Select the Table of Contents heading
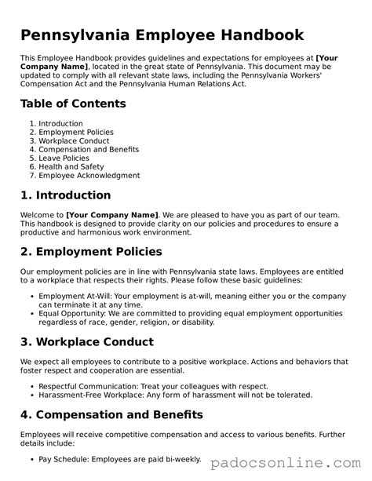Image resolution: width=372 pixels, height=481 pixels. click(x=73, y=104)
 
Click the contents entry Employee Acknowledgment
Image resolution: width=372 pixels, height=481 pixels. click(x=89, y=176)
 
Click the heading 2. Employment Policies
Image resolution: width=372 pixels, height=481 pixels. click(x=91, y=252)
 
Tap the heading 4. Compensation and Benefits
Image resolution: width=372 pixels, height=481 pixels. click(x=112, y=414)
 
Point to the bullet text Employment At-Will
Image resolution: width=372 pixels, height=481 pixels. click(x=75, y=296)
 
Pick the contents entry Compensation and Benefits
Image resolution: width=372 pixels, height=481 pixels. click(x=89, y=149)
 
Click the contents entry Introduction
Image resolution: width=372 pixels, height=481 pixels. click(x=60, y=124)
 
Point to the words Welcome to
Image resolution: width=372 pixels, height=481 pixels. click(x=42, y=214)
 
